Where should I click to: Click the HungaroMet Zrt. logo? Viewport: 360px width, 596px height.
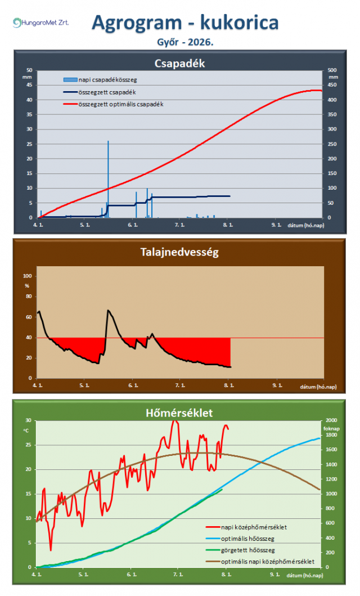[x=40, y=23]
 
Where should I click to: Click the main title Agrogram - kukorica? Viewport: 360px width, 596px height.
[x=185, y=23]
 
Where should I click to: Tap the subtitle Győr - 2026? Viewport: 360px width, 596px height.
[x=185, y=42]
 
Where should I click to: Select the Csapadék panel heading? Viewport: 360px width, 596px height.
[x=179, y=64]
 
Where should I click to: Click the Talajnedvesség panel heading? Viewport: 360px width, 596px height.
[x=179, y=252]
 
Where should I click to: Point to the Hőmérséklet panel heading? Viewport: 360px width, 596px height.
[x=179, y=413]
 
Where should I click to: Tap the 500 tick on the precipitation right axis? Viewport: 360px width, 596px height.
[x=332, y=70]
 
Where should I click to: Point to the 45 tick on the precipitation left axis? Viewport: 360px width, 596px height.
[x=29, y=85]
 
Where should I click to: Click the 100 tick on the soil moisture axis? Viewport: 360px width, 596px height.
[x=28, y=276]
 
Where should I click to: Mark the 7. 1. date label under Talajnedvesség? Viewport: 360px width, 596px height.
[x=180, y=386]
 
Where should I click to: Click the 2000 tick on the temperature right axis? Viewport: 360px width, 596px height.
[x=331, y=420]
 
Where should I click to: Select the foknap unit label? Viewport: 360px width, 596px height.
[x=331, y=428]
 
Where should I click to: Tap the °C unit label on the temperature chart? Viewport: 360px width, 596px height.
[x=26, y=431]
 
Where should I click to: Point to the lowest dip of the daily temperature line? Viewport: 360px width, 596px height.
[x=51, y=550]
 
